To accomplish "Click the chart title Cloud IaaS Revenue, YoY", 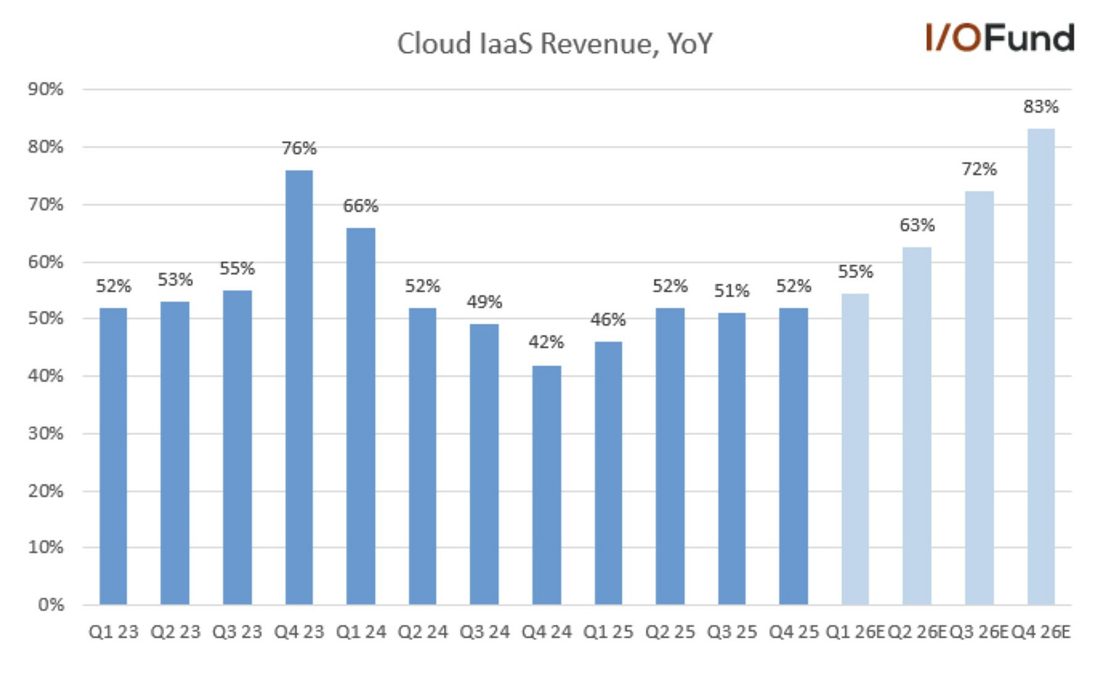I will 554,44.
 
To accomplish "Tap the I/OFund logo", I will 999,38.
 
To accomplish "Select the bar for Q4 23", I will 298,387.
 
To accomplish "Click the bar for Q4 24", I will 546,485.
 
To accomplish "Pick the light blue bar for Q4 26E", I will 1040,366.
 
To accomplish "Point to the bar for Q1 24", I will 361,416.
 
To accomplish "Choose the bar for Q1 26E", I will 855,449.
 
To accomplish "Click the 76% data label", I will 298,149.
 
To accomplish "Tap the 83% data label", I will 1040,107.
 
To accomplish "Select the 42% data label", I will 546,343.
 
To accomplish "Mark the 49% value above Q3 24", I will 484,303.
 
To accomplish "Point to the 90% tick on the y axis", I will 45,90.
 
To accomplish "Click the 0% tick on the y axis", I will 51,605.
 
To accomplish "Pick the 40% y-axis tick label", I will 45,376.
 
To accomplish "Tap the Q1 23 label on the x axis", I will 114,632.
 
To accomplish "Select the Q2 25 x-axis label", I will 670,632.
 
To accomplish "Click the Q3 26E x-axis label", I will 979,632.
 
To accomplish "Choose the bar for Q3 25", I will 731,458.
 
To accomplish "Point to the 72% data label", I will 979,169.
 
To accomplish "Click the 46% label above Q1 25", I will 608,320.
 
